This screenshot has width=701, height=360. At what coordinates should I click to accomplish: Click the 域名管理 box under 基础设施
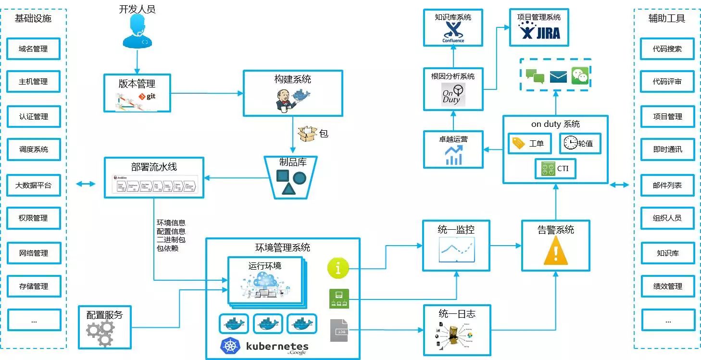tap(34, 49)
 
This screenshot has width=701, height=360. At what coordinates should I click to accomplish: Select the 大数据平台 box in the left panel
tap(34, 185)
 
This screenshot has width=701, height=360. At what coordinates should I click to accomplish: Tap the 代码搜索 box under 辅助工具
tap(667, 49)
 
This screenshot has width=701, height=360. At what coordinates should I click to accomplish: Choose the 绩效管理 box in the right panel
tap(667, 286)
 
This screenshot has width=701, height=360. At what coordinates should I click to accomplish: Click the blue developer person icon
tap(137, 32)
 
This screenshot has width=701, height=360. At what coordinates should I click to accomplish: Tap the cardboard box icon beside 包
tap(308, 134)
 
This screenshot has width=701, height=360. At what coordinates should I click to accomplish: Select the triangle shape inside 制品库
tap(288, 189)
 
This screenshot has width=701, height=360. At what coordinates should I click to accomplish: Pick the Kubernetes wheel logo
tap(230, 346)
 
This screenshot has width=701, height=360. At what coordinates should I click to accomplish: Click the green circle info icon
tap(338, 268)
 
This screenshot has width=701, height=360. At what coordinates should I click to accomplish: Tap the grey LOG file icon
tap(339, 330)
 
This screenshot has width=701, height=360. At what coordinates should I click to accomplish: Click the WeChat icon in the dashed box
tap(580, 76)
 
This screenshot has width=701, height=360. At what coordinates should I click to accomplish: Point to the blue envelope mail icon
tap(558, 76)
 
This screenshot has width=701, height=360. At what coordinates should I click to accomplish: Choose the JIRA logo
tap(539, 32)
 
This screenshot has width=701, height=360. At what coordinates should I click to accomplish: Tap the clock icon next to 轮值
tap(570, 143)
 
